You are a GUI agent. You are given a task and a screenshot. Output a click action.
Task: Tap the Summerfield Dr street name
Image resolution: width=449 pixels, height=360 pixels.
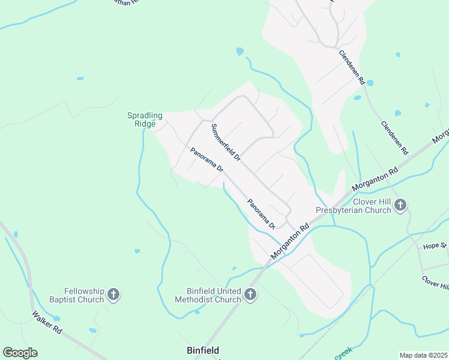tap(226, 143)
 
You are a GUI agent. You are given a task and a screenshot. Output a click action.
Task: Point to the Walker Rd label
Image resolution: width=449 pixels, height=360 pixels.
tap(47, 322)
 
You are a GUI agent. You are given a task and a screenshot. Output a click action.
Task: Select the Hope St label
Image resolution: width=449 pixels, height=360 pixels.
tap(435, 246)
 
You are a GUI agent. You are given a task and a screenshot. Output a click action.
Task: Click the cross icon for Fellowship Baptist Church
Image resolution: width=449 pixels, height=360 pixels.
tap(114, 295)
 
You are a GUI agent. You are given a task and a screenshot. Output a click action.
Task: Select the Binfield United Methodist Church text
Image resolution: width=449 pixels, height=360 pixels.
tap(208, 295)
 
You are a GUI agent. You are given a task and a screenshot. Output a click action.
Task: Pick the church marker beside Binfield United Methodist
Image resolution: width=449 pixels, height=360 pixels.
tap(251, 295)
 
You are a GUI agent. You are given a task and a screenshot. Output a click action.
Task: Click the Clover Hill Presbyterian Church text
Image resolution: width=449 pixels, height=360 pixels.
tap(354, 206)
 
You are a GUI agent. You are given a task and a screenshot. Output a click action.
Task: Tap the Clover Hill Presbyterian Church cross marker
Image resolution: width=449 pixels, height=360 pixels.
tap(401, 206)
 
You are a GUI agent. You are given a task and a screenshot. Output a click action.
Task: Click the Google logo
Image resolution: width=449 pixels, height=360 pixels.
tap(20, 353)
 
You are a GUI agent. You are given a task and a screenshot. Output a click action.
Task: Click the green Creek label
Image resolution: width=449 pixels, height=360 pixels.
tap(343, 355)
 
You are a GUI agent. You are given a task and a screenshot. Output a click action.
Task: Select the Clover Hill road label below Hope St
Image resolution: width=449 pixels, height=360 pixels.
tap(435, 281)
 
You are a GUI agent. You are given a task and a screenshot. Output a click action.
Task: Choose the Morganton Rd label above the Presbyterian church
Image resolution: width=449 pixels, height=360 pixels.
tap(376, 179)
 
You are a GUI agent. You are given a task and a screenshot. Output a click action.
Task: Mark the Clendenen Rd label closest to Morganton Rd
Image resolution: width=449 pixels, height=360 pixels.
tap(394, 137)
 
